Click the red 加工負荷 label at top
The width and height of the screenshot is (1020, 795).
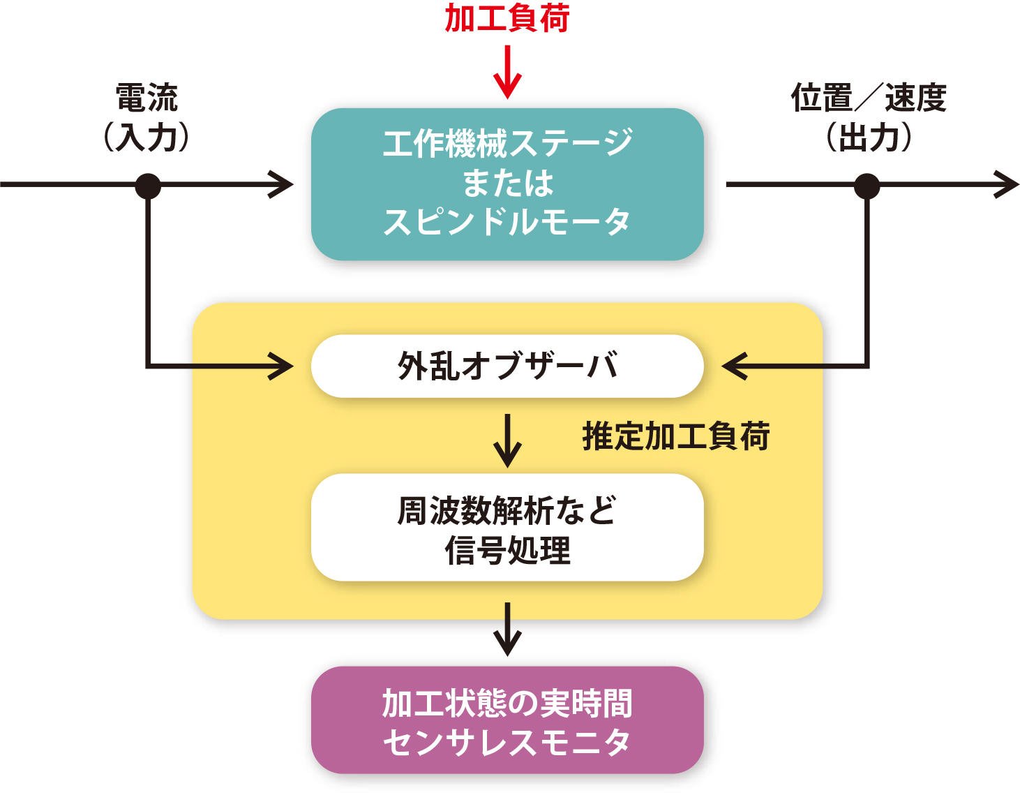tap(507, 18)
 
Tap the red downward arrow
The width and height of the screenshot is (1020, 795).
tap(507, 73)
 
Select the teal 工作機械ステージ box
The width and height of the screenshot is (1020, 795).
tap(507, 184)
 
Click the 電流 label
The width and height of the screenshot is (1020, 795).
tap(147, 97)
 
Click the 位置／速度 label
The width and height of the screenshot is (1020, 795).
tap(868, 97)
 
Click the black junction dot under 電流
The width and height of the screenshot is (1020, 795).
tap(147, 186)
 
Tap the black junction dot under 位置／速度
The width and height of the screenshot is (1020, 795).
tap(867, 186)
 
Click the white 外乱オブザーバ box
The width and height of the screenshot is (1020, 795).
tap(507, 366)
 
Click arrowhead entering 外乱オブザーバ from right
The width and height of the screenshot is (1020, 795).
tap(734, 365)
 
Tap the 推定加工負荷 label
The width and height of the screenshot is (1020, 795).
tap(675, 437)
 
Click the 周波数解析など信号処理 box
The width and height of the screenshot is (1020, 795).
tap(507, 528)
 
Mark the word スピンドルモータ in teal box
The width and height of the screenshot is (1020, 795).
tap(507, 222)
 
